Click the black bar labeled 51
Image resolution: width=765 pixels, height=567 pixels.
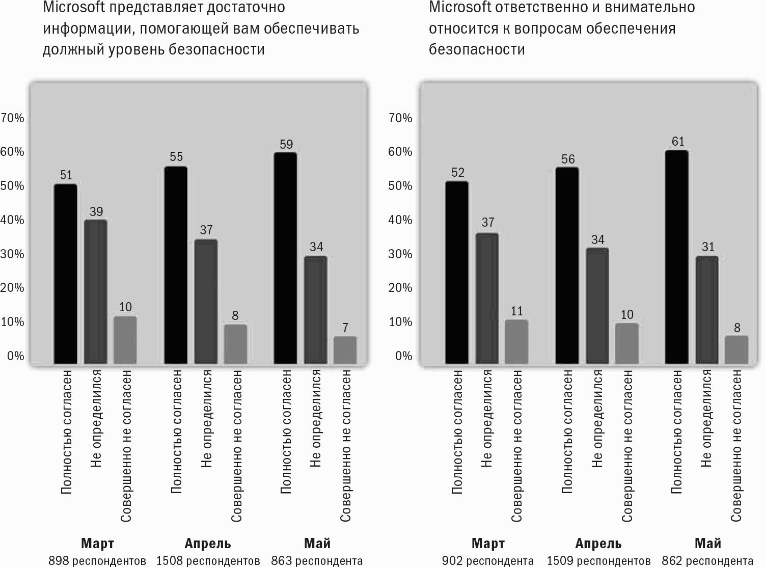(x=66, y=274)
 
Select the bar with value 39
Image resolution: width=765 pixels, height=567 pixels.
(x=96, y=291)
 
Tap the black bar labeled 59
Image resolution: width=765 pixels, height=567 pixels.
(x=286, y=258)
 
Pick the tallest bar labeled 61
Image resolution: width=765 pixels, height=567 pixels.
(x=677, y=257)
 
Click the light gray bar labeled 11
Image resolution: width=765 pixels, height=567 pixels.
(x=516, y=342)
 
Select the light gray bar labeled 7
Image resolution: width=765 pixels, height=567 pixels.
(x=345, y=350)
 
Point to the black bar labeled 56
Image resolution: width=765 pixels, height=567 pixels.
(x=567, y=265)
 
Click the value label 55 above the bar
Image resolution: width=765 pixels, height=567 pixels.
(x=176, y=157)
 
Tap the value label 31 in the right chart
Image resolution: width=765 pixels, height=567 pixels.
(x=708, y=247)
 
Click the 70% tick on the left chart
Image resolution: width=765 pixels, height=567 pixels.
(x=12, y=118)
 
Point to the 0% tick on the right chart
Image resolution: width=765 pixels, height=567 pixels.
(x=403, y=356)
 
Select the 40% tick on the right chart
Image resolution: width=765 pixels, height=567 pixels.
(x=400, y=220)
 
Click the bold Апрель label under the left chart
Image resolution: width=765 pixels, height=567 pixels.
(x=208, y=544)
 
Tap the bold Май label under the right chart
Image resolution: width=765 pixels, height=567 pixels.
(x=708, y=544)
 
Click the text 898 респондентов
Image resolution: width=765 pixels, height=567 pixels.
(x=97, y=561)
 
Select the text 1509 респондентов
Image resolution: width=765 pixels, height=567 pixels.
(x=599, y=561)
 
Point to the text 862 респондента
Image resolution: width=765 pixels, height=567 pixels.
(x=707, y=561)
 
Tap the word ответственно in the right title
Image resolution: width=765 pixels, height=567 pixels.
(x=541, y=7)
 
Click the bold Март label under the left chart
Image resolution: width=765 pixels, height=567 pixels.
(x=97, y=544)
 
